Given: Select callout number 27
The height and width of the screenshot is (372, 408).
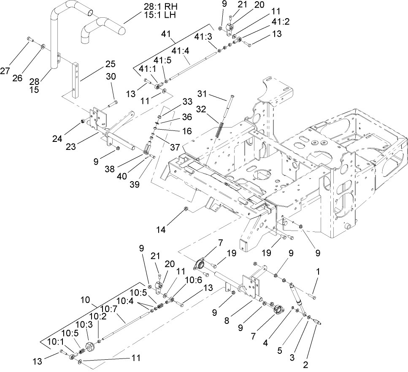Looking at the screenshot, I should [x=5, y=71].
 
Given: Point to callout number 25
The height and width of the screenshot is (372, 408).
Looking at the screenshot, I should [x=110, y=64].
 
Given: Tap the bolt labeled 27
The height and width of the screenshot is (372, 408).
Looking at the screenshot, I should [x=29, y=39].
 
